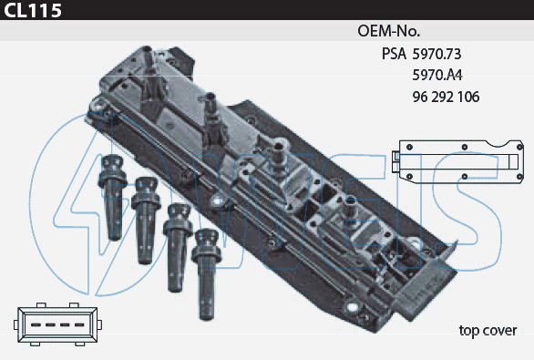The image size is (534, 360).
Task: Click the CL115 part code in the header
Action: pos(33,10)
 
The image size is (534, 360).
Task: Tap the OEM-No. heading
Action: pos(388,31)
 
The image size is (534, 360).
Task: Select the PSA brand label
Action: pos(394,54)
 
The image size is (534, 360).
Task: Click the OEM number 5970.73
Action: pos(436,54)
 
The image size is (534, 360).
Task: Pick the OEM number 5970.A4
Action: pos(437,75)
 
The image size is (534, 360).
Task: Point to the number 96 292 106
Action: pos(446,98)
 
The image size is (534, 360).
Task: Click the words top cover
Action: pos(488,331)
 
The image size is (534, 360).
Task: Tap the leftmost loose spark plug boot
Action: pos(113,197)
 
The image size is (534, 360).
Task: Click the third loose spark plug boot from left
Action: pos(178,248)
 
